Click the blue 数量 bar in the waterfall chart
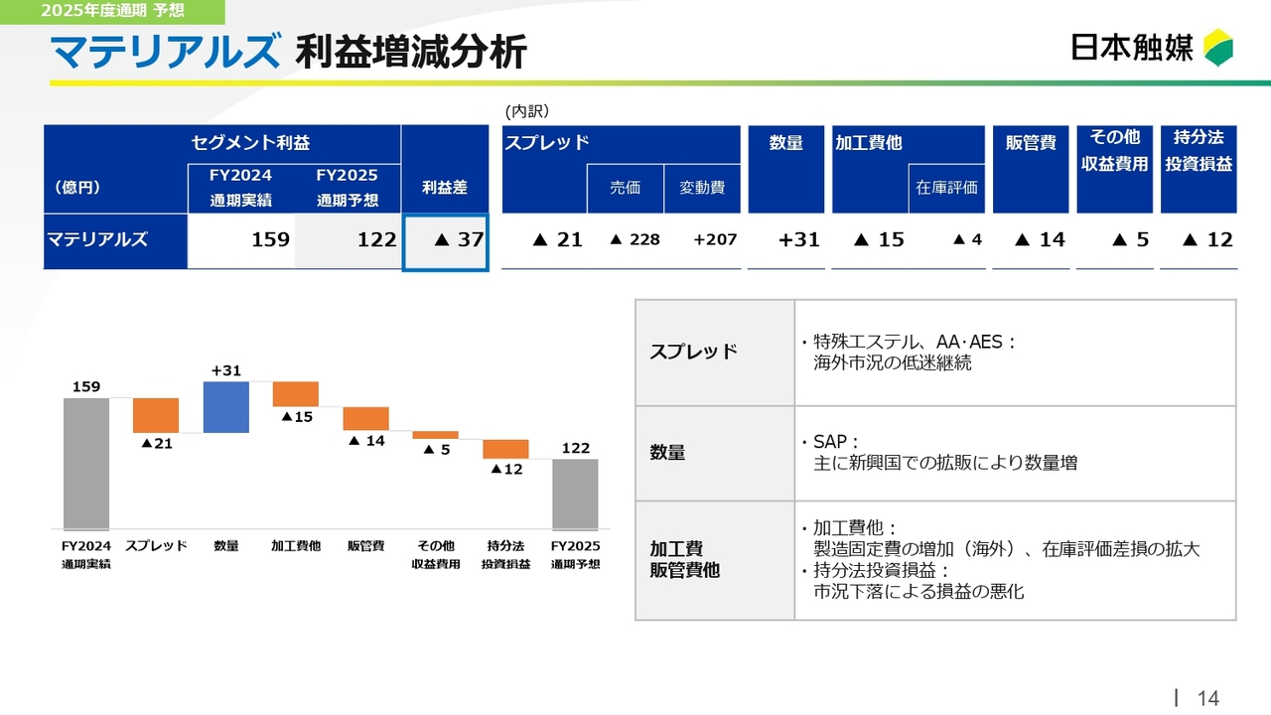(225, 407)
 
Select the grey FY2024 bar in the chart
(86, 464)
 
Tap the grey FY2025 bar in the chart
(575, 495)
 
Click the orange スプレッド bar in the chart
(156, 415)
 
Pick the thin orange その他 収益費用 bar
(435, 435)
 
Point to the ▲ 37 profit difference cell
(446, 242)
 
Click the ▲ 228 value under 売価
(635, 239)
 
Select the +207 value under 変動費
(715, 239)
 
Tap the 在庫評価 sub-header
(946, 188)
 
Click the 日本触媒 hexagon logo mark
(1218, 47)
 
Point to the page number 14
(1208, 698)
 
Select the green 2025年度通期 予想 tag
(112, 11)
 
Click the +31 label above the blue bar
(225, 370)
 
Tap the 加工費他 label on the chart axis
(296, 546)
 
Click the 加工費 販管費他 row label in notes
(685, 559)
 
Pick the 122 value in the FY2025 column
(376, 239)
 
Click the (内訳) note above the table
(527, 111)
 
